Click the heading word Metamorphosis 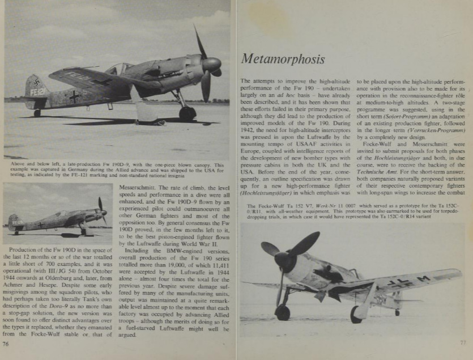click(283, 58)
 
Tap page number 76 click(6, 343)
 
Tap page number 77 click(462, 342)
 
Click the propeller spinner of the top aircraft click(211, 64)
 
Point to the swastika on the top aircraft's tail click(36, 83)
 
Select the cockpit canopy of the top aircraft click(120, 69)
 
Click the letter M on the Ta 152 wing click(423, 279)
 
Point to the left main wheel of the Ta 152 click(282, 312)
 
